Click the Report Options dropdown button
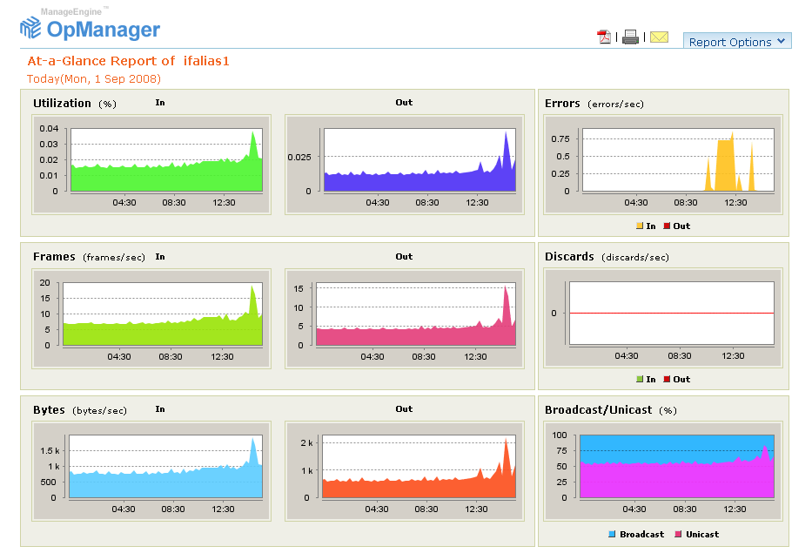pyautogui.click(x=736, y=42)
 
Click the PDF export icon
pyautogui.click(x=604, y=37)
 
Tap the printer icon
pyautogui.click(x=630, y=37)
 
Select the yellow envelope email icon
pyautogui.click(x=659, y=37)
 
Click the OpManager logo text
pyautogui.click(x=104, y=30)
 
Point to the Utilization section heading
pyautogui.click(x=62, y=103)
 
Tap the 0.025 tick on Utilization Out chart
pyautogui.click(x=299, y=157)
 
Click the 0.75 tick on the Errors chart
pyautogui.click(x=560, y=138)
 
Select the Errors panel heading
pyautogui.click(x=562, y=103)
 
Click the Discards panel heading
pyautogui.click(x=569, y=257)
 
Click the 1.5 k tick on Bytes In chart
pyautogui.click(x=48, y=450)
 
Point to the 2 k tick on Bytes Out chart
pyautogui.click(x=305, y=443)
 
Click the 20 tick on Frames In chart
pyautogui.click(x=46, y=283)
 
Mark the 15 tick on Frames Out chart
pyautogui.click(x=298, y=287)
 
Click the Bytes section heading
pyautogui.click(x=49, y=409)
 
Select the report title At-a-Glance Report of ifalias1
pyautogui.click(x=128, y=61)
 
